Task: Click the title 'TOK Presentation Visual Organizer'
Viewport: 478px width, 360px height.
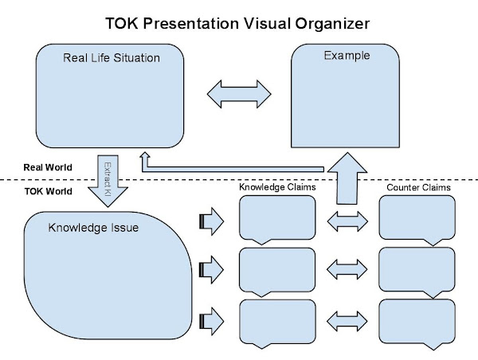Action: (237, 23)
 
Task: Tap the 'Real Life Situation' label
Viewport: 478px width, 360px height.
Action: (112, 58)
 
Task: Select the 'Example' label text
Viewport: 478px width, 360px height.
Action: (347, 56)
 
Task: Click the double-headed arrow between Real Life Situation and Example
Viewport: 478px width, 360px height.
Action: (239, 94)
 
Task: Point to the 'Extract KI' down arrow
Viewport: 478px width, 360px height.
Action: (108, 181)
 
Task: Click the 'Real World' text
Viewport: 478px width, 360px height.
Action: (48, 167)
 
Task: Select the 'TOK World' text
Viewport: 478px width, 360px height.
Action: (48, 191)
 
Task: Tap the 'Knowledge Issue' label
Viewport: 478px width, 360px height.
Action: (93, 228)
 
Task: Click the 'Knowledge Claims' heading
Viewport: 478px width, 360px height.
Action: (277, 187)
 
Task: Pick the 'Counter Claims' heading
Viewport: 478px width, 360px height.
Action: (418, 187)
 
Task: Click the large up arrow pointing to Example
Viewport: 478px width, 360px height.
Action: (347, 178)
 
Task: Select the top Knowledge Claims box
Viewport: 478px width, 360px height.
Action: (277, 220)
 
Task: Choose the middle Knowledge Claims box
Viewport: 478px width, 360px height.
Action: (277, 272)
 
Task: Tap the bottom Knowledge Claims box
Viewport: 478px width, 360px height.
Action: (277, 324)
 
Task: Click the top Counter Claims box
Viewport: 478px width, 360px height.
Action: (417, 220)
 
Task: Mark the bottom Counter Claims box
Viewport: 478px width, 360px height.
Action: (417, 324)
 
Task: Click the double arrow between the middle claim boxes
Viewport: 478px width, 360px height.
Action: (347, 269)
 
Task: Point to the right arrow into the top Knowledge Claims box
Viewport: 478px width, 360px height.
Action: (212, 221)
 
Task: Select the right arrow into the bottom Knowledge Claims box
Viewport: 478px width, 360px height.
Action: (212, 321)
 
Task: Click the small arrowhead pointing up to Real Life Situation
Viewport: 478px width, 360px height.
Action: (145, 155)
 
